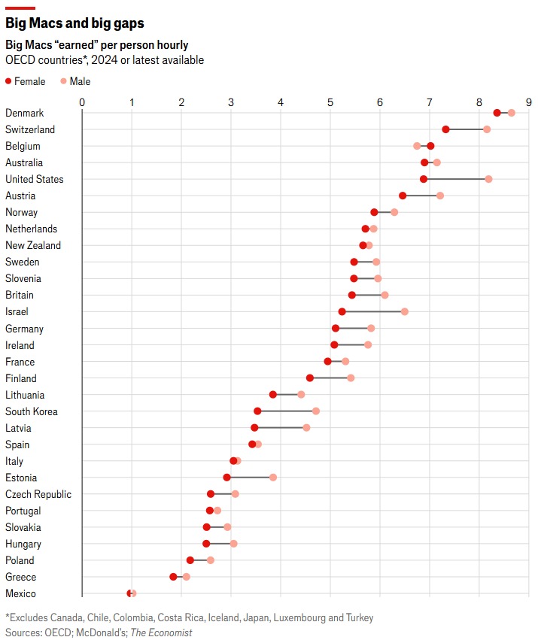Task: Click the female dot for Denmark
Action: click(497, 113)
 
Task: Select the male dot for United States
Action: click(488, 179)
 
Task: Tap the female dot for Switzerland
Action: click(445, 129)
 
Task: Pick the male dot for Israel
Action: click(404, 311)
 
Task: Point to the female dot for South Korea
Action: click(257, 411)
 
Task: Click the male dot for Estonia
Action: click(273, 478)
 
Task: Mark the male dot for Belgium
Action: click(417, 146)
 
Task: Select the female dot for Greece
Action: click(173, 577)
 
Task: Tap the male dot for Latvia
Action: click(306, 428)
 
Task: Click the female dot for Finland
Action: click(309, 378)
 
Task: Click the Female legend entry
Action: click(25, 81)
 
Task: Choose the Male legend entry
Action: click(75, 81)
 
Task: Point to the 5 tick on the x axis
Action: click(330, 102)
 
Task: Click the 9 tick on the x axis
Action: click(529, 102)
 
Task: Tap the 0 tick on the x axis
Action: click(82, 102)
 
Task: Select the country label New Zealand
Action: click(33, 245)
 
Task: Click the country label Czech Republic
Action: click(38, 494)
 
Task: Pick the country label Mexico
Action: click(20, 593)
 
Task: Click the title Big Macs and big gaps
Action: click(74, 24)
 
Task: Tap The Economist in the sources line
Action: click(161, 632)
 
